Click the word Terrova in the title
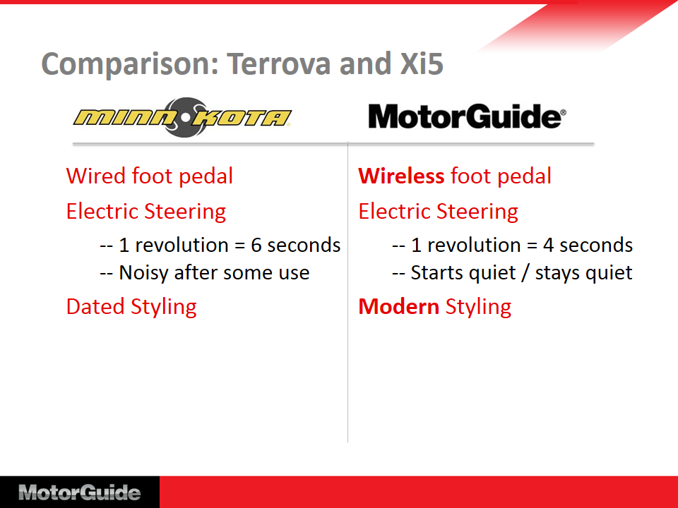pos(280,64)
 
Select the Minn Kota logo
pos(182,118)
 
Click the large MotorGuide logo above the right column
pos(467,116)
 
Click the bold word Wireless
pos(401,176)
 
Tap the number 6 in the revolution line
pos(256,246)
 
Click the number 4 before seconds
pos(549,246)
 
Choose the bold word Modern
pos(398,307)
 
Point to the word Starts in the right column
pos(436,273)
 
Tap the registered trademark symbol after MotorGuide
pos(563,113)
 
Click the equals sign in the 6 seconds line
pos(239,246)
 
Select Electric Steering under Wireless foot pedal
pos(438,212)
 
